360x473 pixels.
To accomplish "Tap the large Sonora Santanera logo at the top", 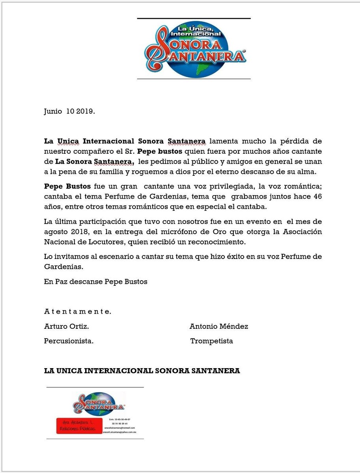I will click(194, 49).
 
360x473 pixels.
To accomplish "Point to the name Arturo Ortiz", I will click(66, 327).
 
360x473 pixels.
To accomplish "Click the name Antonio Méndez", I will click(219, 327).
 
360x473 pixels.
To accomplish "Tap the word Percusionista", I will click(69, 341).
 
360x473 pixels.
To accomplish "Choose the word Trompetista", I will click(212, 341).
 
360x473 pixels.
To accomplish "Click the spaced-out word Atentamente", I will click(77, 312).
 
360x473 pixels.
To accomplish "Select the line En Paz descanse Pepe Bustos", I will click(95, 282).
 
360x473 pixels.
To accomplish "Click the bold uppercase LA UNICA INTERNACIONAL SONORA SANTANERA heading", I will click(142, 371).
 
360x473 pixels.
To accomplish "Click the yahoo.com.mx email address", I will click(120, 432).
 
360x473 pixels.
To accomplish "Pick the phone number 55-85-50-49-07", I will click(123, 419).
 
